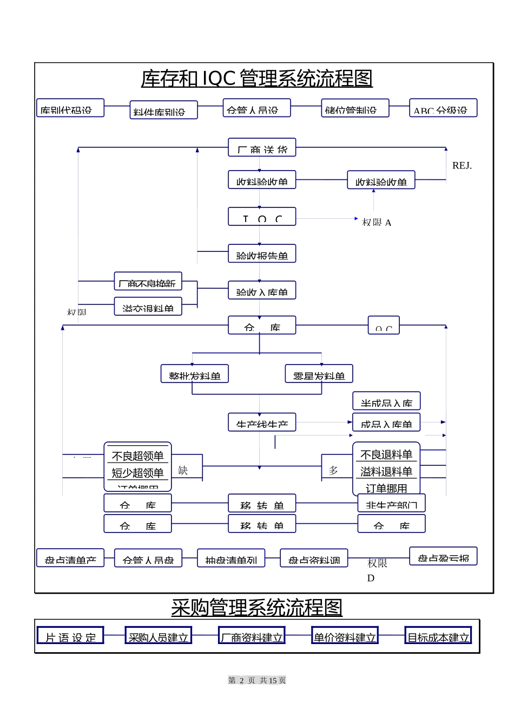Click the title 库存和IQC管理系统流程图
pyautogui.click(x=256, y=79)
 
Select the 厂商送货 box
pyautogui.click(x=262, y=147)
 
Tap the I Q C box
pyautogui.click(x=262, y=217)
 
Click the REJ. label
pyautogui.click(x=462, y=166)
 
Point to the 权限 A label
pyautogui.click(x=377, y=223)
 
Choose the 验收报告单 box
pyautogui.click(x=262, y=253)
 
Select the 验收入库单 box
pyautogui.click(x=262, y=290)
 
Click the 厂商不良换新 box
pyautogui.click(x=148, y=282)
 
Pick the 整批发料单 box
pyautogui.click(x=194, y=374)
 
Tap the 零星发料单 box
pyautogui.click(x=319, y=374)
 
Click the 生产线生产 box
pyautogui.click(x=262, y=422)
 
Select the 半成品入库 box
pyautogui.click(x=386, y=401)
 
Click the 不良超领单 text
pyautogui.click(x=137, y=456)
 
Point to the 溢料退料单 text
pyautogui.click(x=386, y=472)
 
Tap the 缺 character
pyautogui.click(x=183, y=471)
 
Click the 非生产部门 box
pyautogui.click(x=391, y=503)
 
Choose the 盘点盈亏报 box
pyautogui.click(x=443, y=556)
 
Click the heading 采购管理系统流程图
pyautogui.click(x=256, y=608)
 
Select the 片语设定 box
pyautogui.click(x=70, y=636)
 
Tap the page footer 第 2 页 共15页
pyautogui.click(x=257, y=681)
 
